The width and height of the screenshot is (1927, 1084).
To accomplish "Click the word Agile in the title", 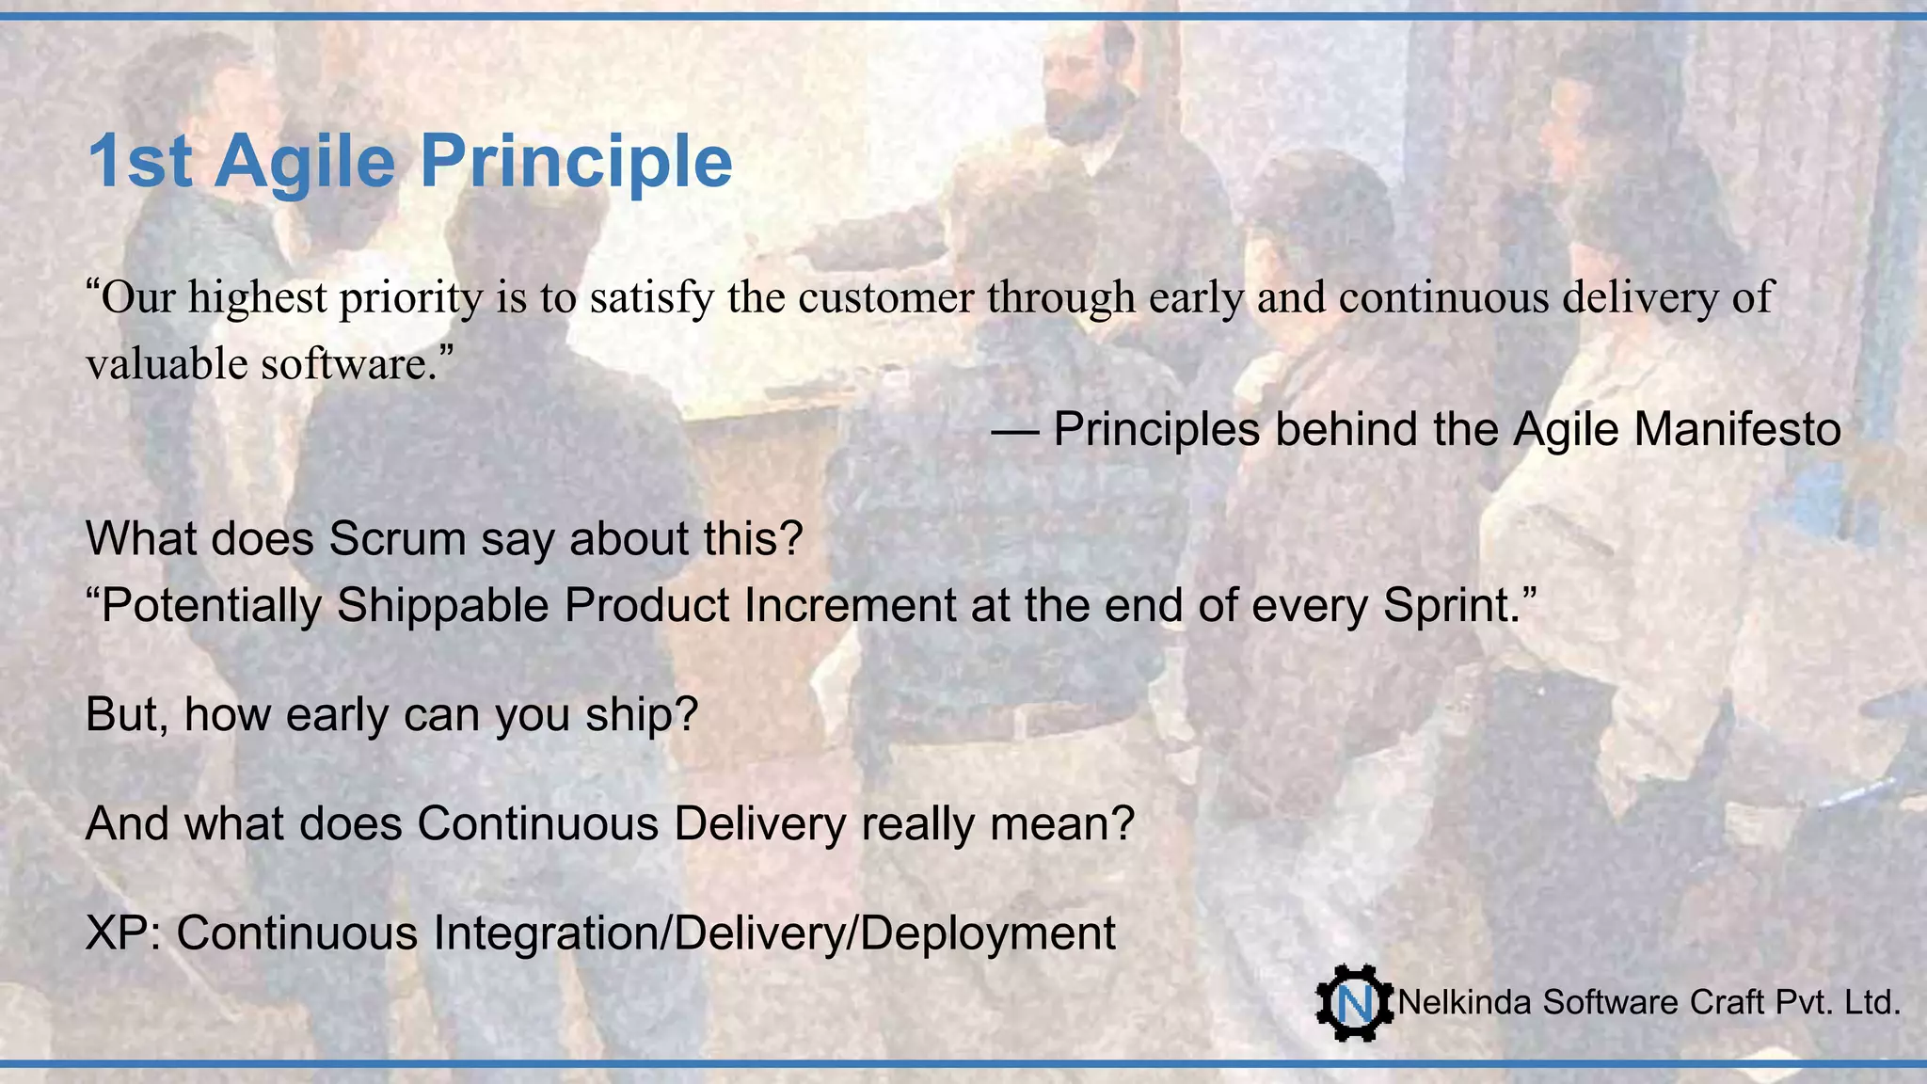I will click(305, 162).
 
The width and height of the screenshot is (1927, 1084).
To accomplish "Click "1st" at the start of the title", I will click(139, 162).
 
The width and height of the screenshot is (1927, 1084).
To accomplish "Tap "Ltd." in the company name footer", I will click(1872, 1003).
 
